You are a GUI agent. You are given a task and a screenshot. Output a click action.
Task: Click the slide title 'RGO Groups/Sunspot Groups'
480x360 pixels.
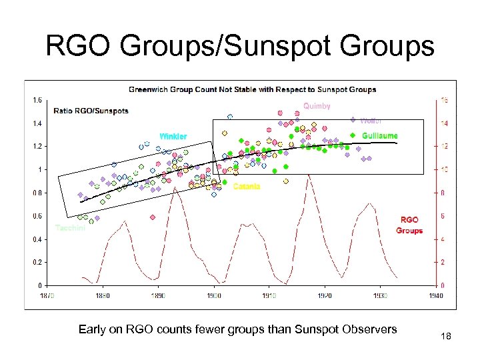coord(239,47)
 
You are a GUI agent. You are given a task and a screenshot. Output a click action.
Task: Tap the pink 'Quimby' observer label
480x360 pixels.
coord(317,106)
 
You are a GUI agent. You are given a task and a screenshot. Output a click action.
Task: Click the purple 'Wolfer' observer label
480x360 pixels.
coord(370,121)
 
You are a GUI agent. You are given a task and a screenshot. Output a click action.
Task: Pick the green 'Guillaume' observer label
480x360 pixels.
coord(379,136)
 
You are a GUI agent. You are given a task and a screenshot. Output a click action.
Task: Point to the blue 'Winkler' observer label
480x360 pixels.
coord(173,137)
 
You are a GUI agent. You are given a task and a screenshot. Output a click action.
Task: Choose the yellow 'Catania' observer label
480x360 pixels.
coord(246,187)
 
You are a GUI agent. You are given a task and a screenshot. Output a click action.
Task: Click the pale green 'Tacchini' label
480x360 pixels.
coord(69,228)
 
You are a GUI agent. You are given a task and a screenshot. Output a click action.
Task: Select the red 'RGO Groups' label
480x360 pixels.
coord(409,225)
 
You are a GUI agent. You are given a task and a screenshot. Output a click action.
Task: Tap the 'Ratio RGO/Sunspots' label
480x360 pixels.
coord(91,111)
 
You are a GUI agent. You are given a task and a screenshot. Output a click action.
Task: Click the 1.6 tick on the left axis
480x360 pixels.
coord(37,100)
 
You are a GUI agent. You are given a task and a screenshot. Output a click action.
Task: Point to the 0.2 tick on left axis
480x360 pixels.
coord(37,263)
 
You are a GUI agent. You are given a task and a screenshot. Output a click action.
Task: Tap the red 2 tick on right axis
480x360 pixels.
coord(443,263)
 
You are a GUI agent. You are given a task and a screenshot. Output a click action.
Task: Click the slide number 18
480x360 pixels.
coord(446,337)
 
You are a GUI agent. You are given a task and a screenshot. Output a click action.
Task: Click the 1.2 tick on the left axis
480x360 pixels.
coord(37,146)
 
